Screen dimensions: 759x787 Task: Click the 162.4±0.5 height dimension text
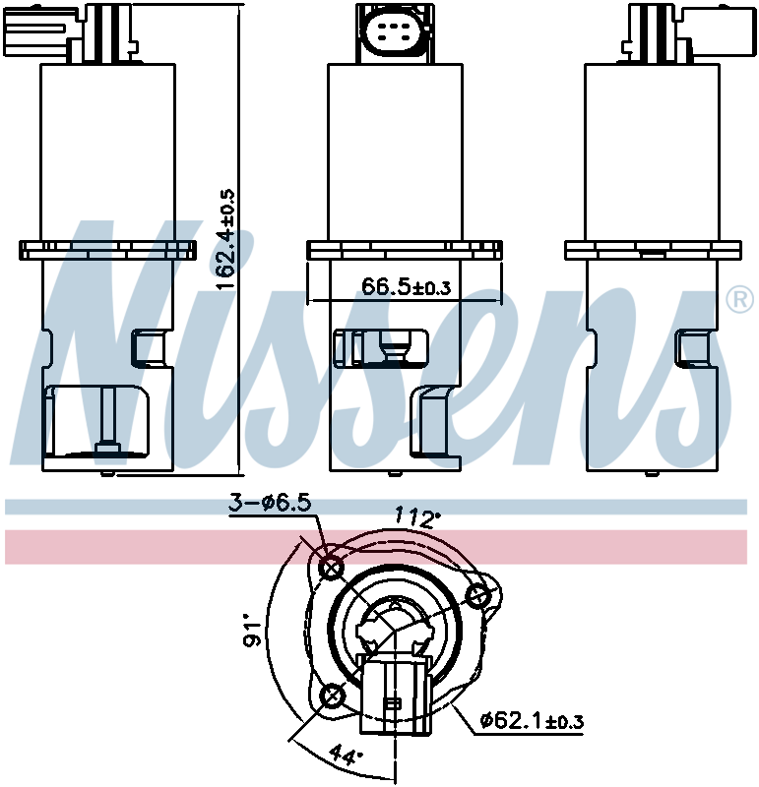(226, 239)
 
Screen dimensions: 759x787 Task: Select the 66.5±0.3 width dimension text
(406, 286)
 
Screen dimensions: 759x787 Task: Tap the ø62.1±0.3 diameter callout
(532, 721)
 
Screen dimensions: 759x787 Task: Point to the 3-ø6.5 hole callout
(270, 502)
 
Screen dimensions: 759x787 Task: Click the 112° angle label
(416, 517)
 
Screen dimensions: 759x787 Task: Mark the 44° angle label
(346, 755)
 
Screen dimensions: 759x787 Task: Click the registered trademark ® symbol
(740, 300)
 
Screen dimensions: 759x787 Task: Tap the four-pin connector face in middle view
(395, 31)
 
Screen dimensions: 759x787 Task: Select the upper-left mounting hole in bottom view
(332, 570)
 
